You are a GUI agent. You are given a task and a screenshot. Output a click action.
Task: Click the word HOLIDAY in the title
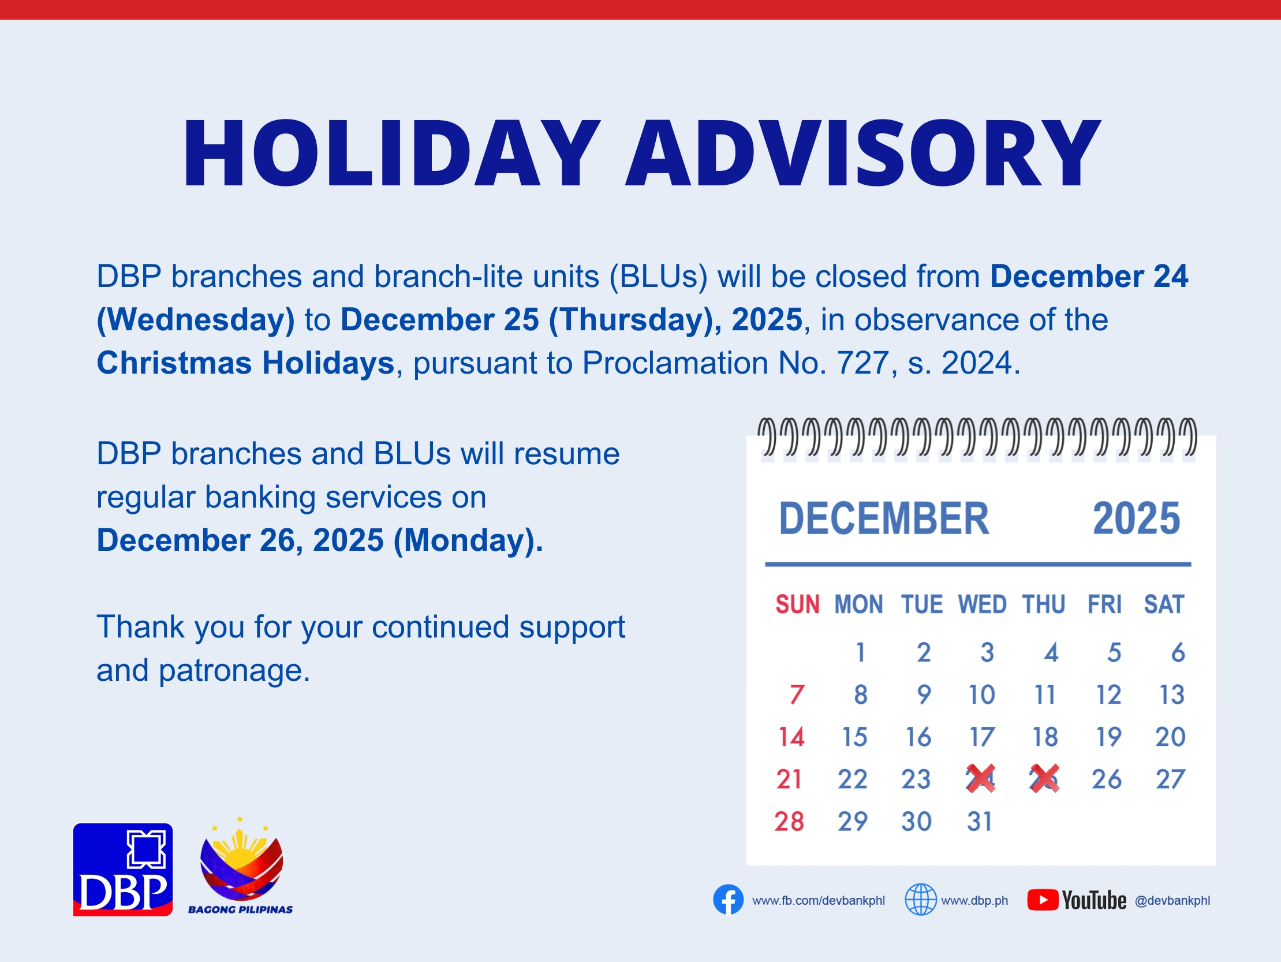391,153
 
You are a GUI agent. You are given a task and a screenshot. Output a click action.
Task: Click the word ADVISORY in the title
863,153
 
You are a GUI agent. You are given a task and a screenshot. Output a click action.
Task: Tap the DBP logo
123,869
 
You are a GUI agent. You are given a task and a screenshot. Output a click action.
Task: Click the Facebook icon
728,900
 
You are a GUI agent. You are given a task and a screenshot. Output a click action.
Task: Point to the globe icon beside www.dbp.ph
921,900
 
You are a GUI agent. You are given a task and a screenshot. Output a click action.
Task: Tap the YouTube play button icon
1043,900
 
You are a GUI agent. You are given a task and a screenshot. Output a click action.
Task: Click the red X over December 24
981,778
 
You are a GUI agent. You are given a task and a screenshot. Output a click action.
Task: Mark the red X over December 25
1044,778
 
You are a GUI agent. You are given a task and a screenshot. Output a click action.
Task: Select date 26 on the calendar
1107,779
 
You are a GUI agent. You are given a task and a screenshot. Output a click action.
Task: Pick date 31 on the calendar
979,821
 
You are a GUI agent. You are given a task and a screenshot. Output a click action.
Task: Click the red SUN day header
797,604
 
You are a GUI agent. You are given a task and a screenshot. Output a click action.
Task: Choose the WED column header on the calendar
982,604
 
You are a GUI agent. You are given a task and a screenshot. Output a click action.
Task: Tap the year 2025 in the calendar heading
1136,518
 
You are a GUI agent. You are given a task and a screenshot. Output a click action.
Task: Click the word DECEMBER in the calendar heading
884,518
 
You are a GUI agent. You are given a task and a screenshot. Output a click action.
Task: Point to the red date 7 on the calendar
797,695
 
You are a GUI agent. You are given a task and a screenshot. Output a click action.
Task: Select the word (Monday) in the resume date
468,540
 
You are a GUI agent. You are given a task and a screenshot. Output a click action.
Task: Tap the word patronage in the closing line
234,670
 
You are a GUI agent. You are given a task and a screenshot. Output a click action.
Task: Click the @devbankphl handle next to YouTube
1172,900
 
